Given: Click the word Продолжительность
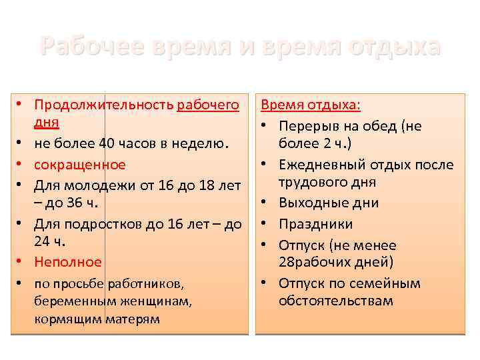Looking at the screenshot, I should tap(105, 105).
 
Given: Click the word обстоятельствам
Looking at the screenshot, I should tap(336, 301).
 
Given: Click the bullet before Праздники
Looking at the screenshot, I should tap(267, 224).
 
